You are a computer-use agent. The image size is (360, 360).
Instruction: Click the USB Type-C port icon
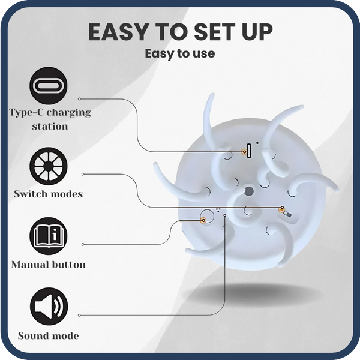click(x=49, y=86)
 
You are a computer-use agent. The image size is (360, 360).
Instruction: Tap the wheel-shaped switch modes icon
click(x=49, y=166)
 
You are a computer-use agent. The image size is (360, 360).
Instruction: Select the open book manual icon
click(x=49, y=236)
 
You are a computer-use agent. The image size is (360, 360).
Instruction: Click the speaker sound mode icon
click(x=49, y=306)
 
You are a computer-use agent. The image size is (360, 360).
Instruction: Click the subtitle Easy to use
click(x=180, y=54)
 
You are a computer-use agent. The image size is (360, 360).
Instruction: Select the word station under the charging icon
click(x=50, y=126)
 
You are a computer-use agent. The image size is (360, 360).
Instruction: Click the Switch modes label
click(x=48, y=194)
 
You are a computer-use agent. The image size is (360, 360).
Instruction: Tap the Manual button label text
click(x=49, y=265)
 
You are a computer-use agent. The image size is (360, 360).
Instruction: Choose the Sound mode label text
click(x=49, y=335)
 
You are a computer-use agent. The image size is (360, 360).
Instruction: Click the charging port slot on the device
click(x=248, y=151)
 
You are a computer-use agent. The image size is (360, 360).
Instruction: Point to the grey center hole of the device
click(x=248, y=191)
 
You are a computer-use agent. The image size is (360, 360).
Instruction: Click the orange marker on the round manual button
click(x=203, y=220)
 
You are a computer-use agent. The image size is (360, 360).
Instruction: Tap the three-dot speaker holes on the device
click(x=218, y=210)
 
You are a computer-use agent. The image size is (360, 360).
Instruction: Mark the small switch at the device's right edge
click(x=287, y=214)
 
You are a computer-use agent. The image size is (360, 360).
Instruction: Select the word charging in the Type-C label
click(x=69, y=113)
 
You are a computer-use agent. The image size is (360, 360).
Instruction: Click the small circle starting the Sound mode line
click(x=79, y=315)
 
